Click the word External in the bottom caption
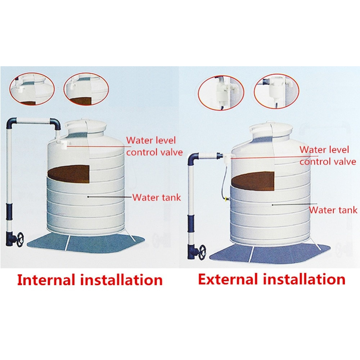click(x=228, y=279)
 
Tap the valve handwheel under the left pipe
click(x=20, y=240)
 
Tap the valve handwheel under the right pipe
click(x=202, y=252)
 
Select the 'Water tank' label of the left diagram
click(x=157, y=197)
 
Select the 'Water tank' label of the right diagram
click(x=333, y=210)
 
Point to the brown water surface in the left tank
click(x=68, y=174)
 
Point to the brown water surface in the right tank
click(x=253, y=181)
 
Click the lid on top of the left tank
click(x=85, y=126)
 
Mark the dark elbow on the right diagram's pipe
click(x=193, y=159)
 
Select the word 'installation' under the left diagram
click(x=121, y=280)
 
